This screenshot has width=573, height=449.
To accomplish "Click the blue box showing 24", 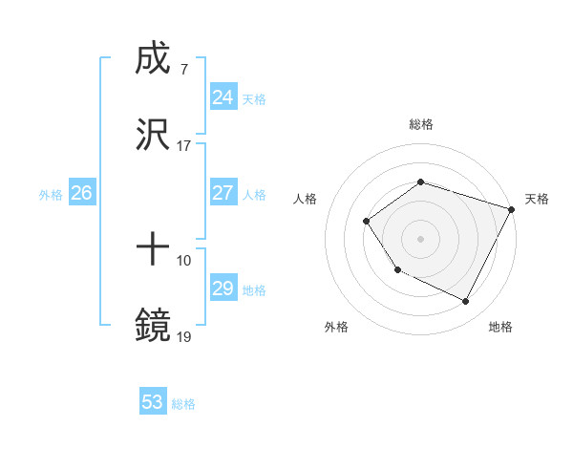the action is pos(223,97).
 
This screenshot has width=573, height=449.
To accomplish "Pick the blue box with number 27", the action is pos(223,193).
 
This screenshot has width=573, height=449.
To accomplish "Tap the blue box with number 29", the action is pos(223,289).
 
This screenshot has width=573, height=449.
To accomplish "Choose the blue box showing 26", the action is pos(81,193).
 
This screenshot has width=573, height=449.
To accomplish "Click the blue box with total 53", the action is pos(153,402).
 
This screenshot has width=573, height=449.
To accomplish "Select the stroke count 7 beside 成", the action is pos(183,71).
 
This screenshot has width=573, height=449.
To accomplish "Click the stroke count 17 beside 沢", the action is pos(183,146).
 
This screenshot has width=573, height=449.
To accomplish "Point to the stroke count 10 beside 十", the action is pos(183,261).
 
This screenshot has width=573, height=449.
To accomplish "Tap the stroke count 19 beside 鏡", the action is pos(183,336).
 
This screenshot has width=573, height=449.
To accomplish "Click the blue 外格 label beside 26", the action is pos(51,194).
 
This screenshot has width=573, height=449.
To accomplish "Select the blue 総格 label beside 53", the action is pos(183,404).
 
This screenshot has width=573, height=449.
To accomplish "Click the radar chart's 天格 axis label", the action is pos(537,199).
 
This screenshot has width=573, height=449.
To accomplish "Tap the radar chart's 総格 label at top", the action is pos(420,125).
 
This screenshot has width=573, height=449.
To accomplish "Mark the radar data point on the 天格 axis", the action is pos(511,208).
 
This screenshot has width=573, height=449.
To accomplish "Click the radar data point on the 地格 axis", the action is pos(466,302).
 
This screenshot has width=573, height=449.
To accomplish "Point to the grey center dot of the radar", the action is pos(420,238).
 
